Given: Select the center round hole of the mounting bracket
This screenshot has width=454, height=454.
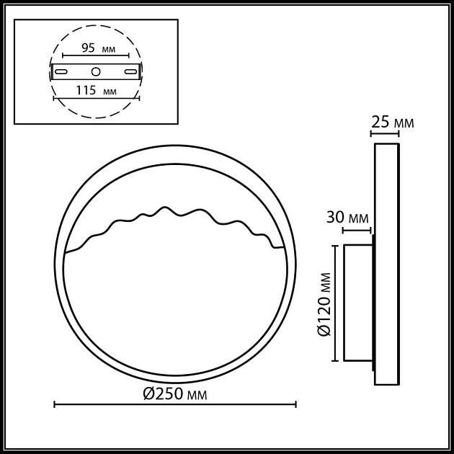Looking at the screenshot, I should pos(96,71).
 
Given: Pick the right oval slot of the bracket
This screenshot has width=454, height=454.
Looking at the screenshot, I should pos(130,71).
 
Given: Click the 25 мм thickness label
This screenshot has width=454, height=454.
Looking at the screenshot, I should pos(392,123).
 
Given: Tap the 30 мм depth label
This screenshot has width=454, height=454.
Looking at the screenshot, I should pos(348,218).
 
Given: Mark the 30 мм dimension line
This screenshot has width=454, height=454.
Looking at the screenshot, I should pos(356,231).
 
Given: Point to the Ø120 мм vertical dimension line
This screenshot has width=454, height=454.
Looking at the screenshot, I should pos(334,303).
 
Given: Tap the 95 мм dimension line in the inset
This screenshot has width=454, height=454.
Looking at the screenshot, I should pos(96,56).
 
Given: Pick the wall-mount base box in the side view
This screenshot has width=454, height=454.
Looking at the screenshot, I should pos(357,303).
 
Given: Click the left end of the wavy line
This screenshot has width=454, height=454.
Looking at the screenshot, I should pos(66,252).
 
